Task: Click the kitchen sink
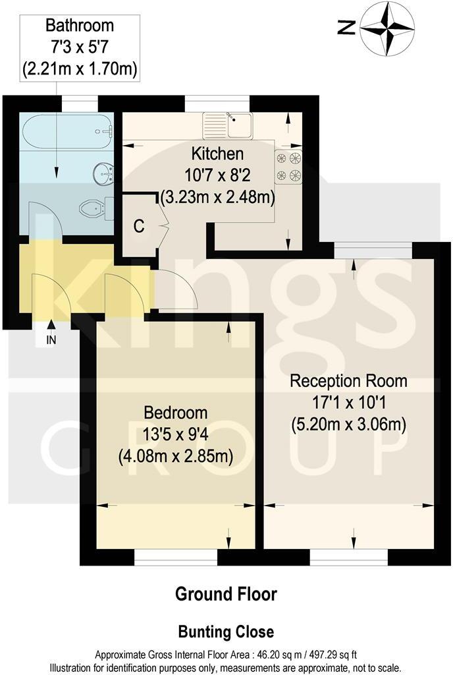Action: pyautogui.click(x=228, y=125)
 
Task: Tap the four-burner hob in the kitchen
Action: pyautogui.click(x=288, y=166)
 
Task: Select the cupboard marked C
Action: pyautogui.click(x=139, y=226)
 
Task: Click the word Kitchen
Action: pyautogui.click(x=217, y=154)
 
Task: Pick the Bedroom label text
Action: pyautogui.click(x=176, y=413)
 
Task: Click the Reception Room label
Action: pyautogui.click(x=349, y=381)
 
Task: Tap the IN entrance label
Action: pyautogui.click(x=51, y=340)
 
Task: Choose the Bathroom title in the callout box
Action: pyautogui.click(x=79, y=26)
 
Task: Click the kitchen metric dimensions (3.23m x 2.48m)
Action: pyautogui.click(x=217, y=196)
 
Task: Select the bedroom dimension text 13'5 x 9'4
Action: pyautogui.click(x=176, y=434)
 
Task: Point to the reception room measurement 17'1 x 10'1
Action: pyautogui.click(x=349, y=402)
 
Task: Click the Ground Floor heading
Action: pyautogui.click(x=226, y=594)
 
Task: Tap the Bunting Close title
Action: pyautogui.click(x=226, y=632)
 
